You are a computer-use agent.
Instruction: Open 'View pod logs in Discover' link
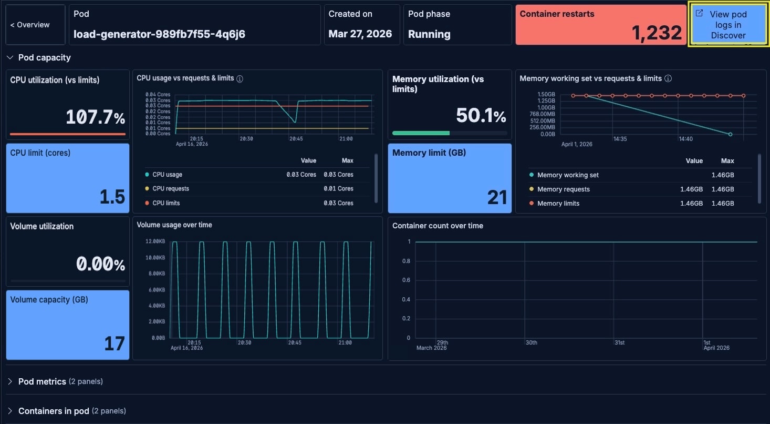728,25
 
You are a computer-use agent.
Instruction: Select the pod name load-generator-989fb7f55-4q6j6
159,34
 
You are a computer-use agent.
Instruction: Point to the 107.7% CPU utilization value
95,117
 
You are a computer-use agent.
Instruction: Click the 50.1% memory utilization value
481,116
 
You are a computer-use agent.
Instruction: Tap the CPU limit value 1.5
112,197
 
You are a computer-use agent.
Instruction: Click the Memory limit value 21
496,197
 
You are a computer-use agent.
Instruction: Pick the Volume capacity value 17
114,344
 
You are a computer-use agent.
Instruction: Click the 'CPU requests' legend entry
170,189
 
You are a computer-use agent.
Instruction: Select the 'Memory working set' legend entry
567,175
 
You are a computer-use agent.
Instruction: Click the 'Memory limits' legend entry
558,204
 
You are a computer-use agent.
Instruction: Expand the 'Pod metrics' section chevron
10,381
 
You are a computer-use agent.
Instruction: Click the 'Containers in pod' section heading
54,411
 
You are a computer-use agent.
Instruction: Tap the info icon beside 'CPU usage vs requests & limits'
240,78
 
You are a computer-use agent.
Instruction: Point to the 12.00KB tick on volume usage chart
155,241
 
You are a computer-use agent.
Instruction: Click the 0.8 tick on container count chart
405,261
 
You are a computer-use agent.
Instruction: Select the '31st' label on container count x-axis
619,342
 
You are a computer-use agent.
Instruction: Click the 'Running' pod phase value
429,34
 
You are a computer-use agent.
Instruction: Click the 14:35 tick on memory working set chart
620,139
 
